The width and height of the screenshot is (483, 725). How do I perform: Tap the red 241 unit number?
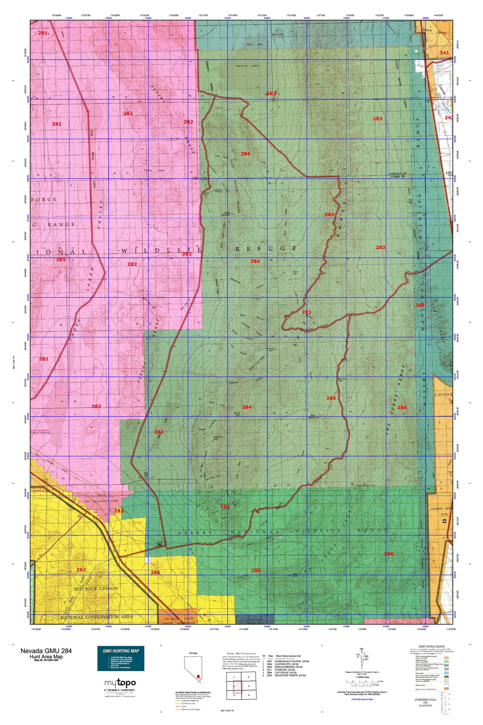(x=444, y=53)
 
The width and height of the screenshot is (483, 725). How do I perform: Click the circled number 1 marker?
(x=280, y=537)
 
